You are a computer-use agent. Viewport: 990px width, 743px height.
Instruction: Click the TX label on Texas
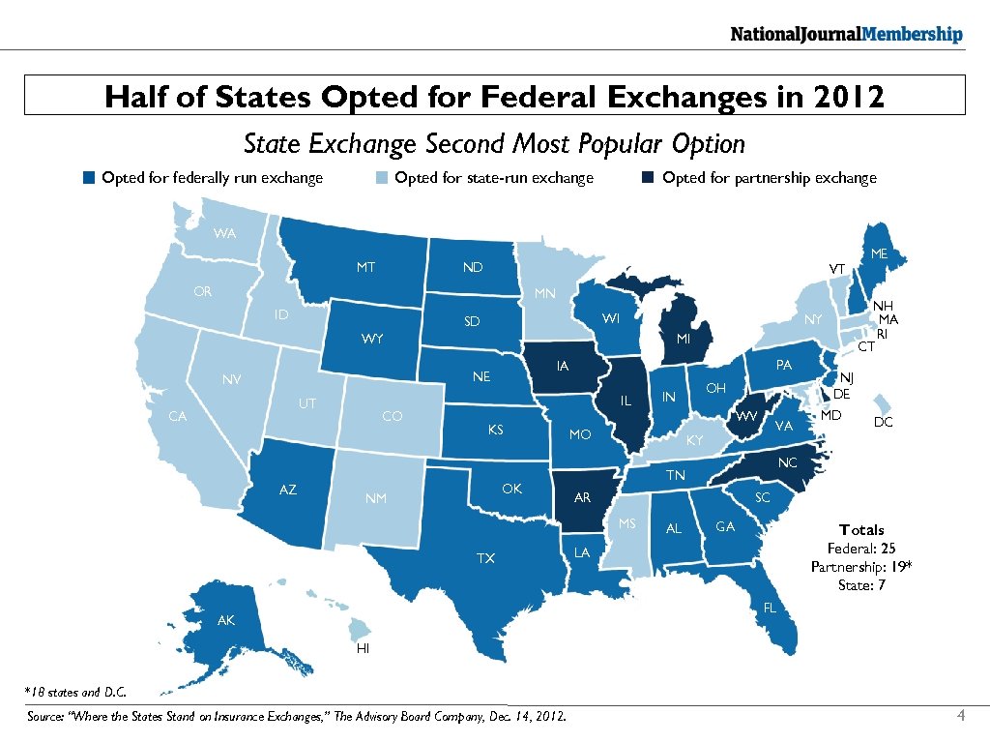[485, 558]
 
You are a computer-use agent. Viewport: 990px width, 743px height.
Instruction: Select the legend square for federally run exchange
[89, 178]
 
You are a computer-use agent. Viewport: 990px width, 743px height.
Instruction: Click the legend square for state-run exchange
[382, 178]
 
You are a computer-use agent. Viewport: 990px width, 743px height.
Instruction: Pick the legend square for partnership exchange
[649, 178]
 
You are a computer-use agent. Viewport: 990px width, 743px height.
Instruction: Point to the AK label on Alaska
[225, 621]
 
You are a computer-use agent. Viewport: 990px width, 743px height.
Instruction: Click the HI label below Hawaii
[363, 648]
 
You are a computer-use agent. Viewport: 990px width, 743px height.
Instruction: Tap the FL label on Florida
[770, 609]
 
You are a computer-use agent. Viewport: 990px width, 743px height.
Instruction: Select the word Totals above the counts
[861, 529]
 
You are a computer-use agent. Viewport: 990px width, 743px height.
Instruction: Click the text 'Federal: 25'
[861, 549]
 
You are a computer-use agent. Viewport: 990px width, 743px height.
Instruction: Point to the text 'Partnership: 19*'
[861, 567]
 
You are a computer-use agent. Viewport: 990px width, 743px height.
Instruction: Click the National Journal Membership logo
[846, 35]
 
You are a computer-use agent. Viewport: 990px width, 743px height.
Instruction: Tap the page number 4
[960, 716]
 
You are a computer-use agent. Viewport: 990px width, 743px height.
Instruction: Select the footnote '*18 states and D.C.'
[74, 692]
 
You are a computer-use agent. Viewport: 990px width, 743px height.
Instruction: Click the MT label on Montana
[365, 267]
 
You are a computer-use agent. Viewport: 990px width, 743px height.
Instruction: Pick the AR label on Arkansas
[582, 498]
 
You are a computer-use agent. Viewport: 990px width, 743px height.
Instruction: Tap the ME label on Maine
[879, 253]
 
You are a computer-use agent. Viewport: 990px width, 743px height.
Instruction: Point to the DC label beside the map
[883, 423]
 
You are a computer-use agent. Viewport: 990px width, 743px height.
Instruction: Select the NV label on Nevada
[231, 379]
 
